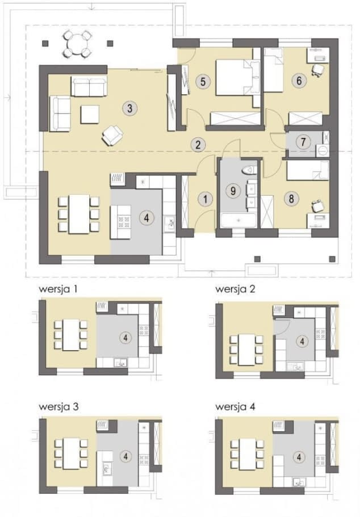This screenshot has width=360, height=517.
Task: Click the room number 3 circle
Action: [x=129, y=108]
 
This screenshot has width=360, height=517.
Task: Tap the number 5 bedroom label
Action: [x=203, y=81]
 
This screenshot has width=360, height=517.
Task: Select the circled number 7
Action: [x=303, y=142]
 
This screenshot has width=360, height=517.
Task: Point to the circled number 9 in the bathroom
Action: [x=233, y=191]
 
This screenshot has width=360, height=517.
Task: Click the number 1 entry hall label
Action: [x=205, y=199]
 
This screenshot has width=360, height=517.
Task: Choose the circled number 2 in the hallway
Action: [x=198, y=144]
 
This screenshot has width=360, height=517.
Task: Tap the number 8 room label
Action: [x=291, y=199]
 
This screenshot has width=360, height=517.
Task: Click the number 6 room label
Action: [x=299, y=81]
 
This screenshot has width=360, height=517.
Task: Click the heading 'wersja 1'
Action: [x=58, y=289]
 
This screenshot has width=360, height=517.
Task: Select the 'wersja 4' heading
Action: [x=235, y=407]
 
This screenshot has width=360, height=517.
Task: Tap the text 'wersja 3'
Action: [x=58, y=407]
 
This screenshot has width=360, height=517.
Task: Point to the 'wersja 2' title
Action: [x=235, y=289]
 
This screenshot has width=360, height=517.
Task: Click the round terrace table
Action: [x=77, y=44]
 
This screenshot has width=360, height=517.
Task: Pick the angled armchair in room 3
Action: [x=112, y=135]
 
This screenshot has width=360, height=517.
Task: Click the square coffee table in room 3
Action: [x=90, y=115]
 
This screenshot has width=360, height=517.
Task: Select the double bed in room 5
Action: [x=237, y=78]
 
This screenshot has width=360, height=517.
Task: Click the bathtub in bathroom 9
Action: [x=238, y=220]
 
